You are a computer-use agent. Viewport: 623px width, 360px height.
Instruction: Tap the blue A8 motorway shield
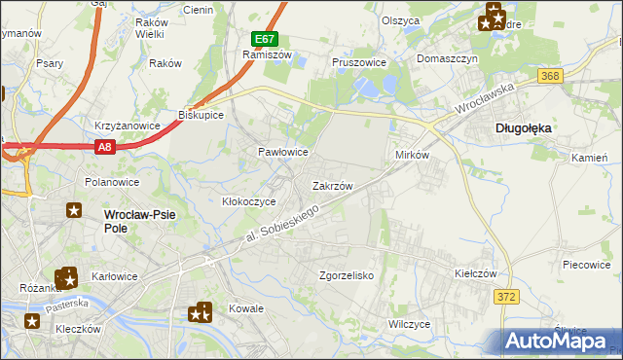pos(106,146)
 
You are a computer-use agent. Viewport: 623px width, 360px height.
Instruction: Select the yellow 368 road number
pos(550,76)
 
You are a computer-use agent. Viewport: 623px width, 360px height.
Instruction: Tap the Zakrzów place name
pos(332,185)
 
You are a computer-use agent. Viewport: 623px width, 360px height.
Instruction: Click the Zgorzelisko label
pos(348,275)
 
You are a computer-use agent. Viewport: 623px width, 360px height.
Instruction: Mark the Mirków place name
pos(413,155)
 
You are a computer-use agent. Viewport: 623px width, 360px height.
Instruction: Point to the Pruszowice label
pos(359,61)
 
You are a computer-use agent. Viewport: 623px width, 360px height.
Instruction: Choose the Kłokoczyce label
pos(249,201)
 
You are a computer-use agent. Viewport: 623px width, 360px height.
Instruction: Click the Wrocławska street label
pos(487,100)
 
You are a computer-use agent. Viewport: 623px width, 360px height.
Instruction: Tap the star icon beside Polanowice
pos(74,209)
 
